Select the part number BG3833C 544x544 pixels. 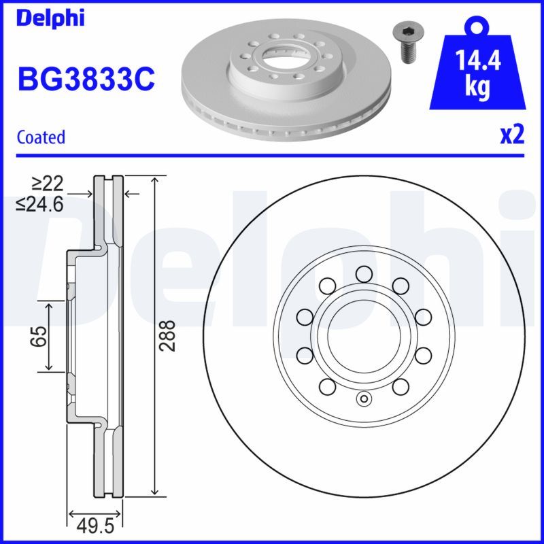point(86,80)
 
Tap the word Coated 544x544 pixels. point(41,137)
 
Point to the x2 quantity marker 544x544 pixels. point(512,135)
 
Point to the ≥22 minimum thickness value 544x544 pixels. point(47,182)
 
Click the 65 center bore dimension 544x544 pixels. point(39,337)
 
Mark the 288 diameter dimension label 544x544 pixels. point(169,335)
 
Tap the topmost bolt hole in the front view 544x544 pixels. point(363,273)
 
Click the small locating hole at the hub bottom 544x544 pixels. point(363,399)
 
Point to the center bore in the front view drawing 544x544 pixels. point(363,335)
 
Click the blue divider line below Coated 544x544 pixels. point(272,155)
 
